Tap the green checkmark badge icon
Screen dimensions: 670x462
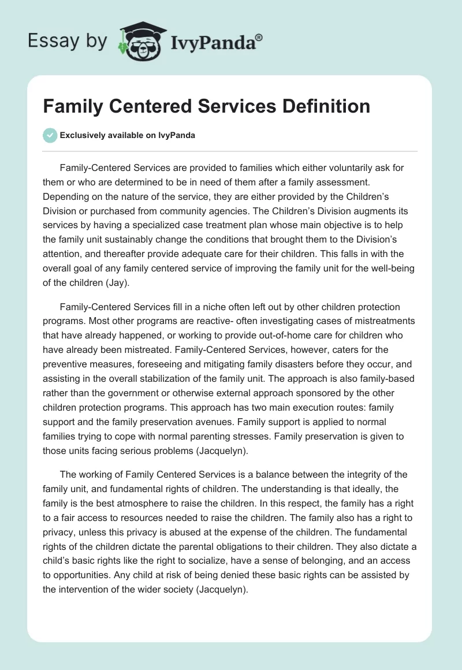tap(50, 135)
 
